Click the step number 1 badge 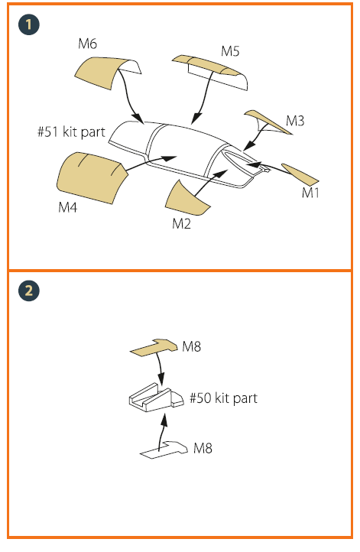pos(29,24)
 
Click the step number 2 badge pos(29,291)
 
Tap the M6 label pos(87,44)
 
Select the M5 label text pos(230,51)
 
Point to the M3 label pos(295,121)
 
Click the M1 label pos(310,193)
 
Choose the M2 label pos(182,223)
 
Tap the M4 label pos(67,207)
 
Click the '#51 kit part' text pos(71,132)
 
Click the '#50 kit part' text pos(224,398)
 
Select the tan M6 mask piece pos(100,72)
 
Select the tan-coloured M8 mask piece pos(155,348)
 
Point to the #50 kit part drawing pos(156,398)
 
